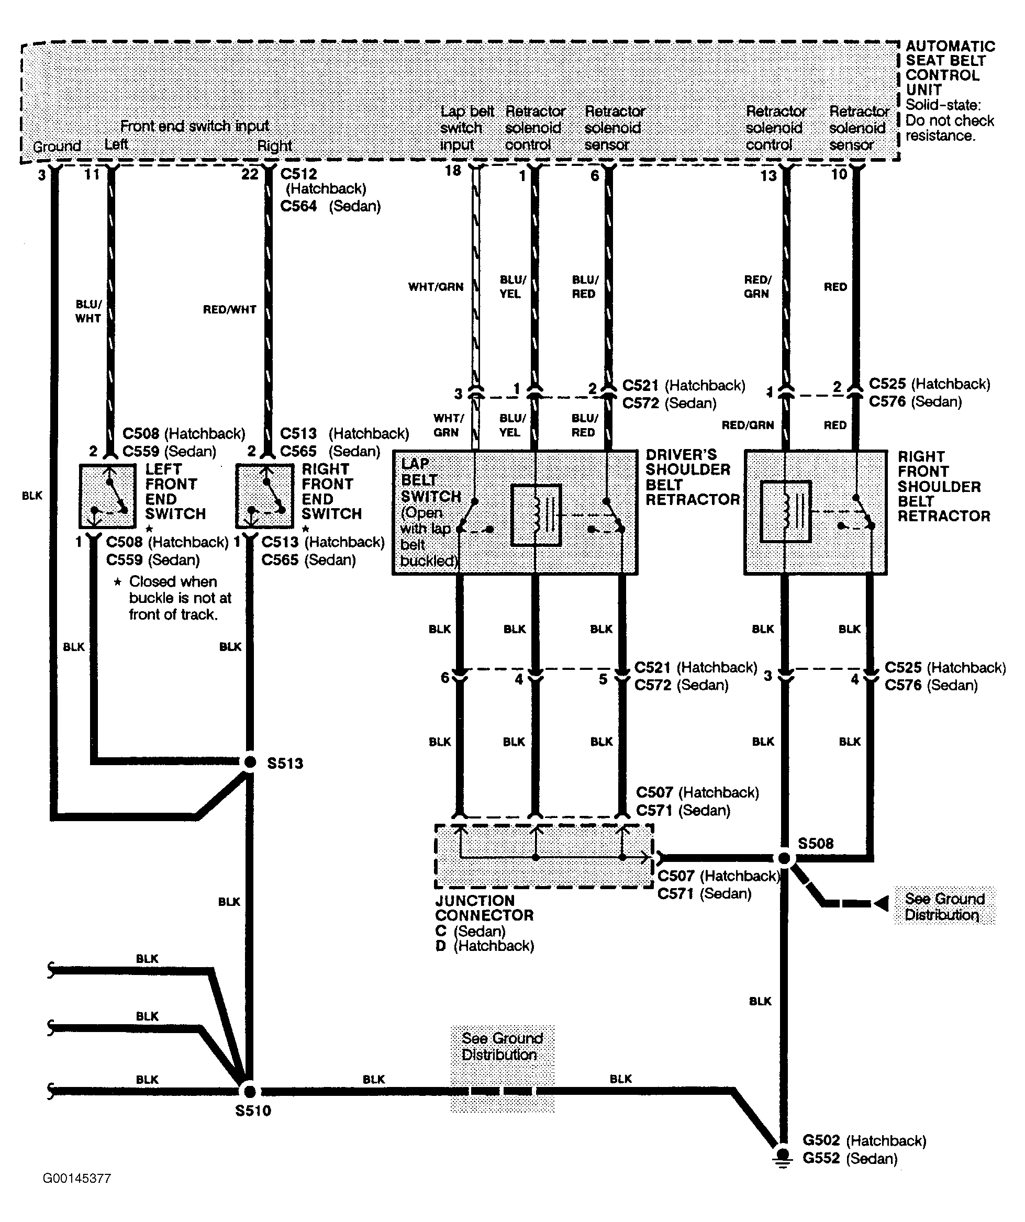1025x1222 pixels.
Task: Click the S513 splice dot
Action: [250, 761]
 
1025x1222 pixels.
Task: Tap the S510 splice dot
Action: [249, 1091]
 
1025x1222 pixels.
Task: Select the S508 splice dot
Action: [785, 858]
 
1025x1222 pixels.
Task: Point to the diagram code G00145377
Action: [77, 1179]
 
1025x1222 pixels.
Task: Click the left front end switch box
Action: [108, 496]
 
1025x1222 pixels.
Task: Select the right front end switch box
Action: [264, 496]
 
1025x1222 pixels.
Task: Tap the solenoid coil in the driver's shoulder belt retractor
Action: [536, 515]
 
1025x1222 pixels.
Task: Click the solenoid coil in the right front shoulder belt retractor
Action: [786, 511]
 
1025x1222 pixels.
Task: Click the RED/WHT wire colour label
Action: [229, 310]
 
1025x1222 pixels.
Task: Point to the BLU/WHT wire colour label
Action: [88, 311]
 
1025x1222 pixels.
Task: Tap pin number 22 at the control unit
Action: [250, 174]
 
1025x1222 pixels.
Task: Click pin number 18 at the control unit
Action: [453, 171]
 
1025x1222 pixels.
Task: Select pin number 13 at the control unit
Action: [768, 175]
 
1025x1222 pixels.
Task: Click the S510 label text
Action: [253, 1111]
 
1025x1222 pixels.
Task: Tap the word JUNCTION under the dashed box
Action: [475, 900]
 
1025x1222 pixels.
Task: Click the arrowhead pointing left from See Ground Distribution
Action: [881, 903]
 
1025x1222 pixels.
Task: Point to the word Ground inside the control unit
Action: [57, 146]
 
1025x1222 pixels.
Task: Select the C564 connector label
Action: [298, 206]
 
